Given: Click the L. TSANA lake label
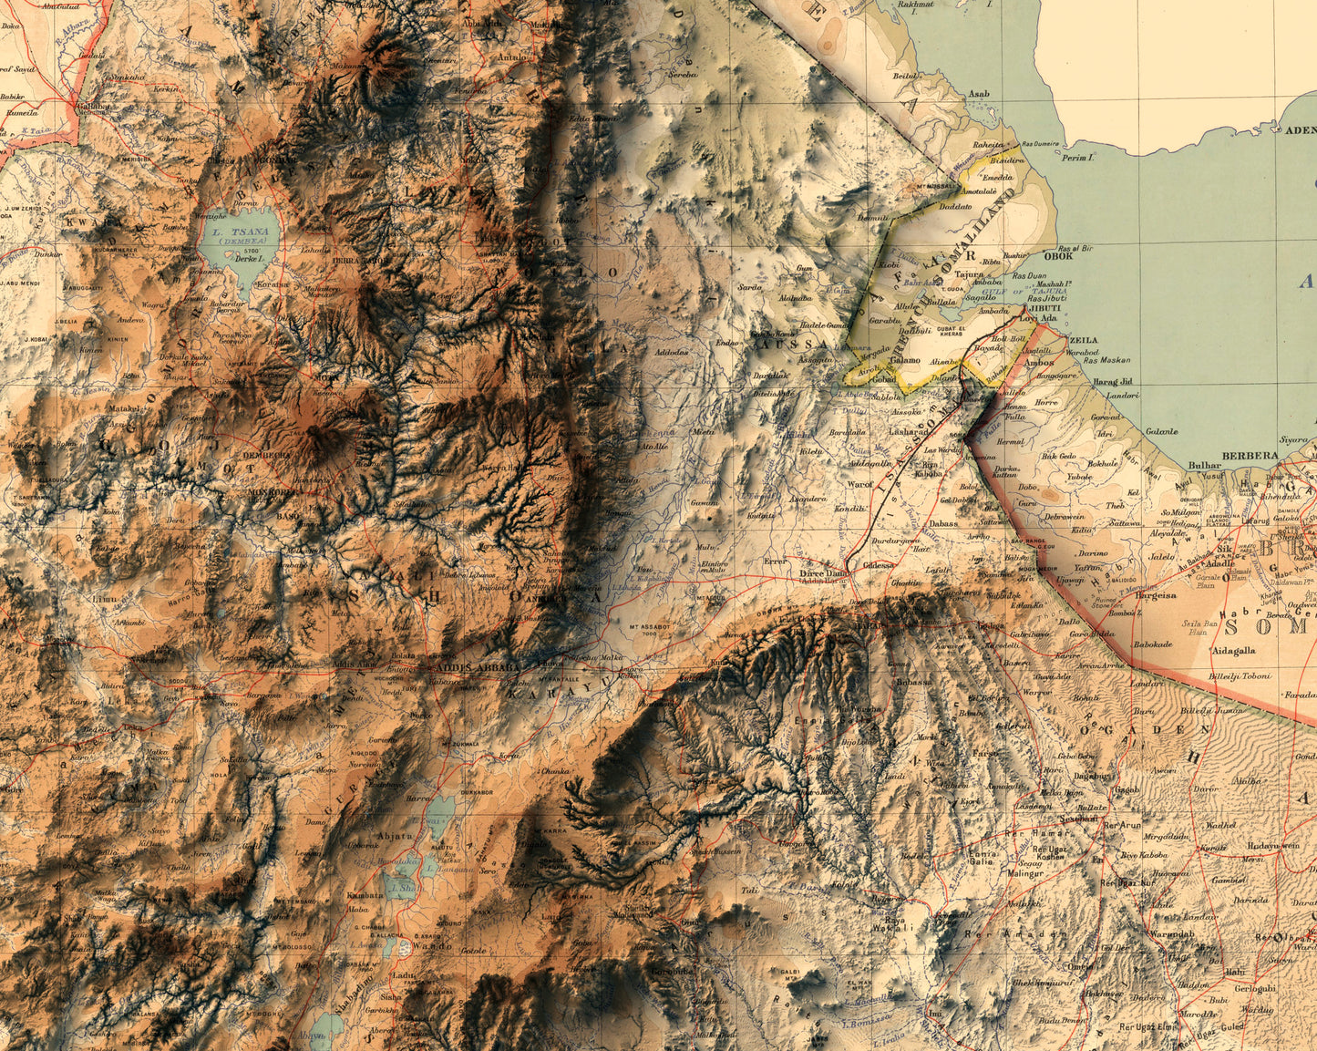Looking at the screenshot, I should point(229,232).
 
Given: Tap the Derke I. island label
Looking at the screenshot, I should point(247,259).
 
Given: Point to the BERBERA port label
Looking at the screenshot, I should point(1247,454).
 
